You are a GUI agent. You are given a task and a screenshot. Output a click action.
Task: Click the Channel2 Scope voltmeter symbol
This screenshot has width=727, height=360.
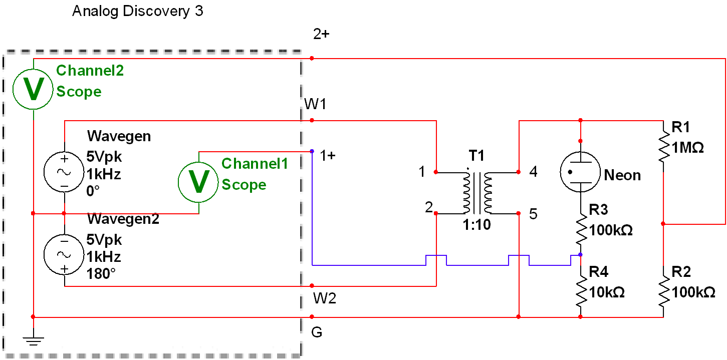[33, 89]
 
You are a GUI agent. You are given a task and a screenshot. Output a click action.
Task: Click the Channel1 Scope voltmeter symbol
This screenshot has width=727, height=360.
[198, 182]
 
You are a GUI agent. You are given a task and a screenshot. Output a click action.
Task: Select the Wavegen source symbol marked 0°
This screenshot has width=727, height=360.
[64, 172]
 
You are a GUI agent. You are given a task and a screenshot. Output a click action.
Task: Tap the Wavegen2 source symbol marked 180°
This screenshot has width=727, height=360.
[64, 254]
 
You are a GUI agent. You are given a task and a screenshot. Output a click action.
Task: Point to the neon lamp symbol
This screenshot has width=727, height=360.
[580, 172]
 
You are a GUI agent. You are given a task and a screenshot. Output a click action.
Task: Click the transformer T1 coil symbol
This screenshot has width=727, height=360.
[477, 192]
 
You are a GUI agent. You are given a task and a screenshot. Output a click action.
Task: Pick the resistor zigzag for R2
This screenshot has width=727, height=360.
[664, 291]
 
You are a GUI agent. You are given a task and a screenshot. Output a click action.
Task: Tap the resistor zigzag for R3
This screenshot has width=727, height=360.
[581, 229]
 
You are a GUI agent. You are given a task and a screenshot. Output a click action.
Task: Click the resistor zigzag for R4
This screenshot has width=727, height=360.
[581, 291]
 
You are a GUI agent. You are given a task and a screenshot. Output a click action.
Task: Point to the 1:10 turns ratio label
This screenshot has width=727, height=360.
[476, 224]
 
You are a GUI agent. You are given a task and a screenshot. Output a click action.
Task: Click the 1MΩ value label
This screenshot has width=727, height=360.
[687, 148]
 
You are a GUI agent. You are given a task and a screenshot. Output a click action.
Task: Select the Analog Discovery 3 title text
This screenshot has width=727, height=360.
[138, 11]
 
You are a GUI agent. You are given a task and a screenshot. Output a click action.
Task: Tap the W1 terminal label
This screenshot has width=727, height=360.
[315, 104]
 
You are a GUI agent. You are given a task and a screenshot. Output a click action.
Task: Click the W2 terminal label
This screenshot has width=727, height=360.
[325, 298]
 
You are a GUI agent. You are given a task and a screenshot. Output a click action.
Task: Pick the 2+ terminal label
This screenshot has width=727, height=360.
[321, 34]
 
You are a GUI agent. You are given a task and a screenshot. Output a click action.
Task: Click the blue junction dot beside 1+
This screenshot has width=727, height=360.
[312, 151]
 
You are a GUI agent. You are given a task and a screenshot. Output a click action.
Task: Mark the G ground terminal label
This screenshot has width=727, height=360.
[317, 332]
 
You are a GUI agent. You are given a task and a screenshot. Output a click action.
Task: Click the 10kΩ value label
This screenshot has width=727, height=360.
[607, 292]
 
